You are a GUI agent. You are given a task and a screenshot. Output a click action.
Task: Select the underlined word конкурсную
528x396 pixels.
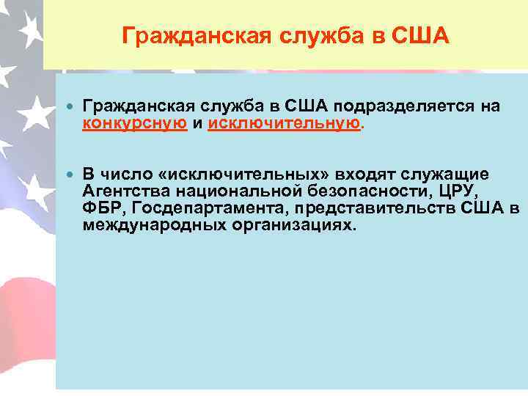click(x=134, y=123)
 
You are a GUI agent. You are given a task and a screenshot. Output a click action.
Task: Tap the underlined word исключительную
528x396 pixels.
click(x=285, y=123)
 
